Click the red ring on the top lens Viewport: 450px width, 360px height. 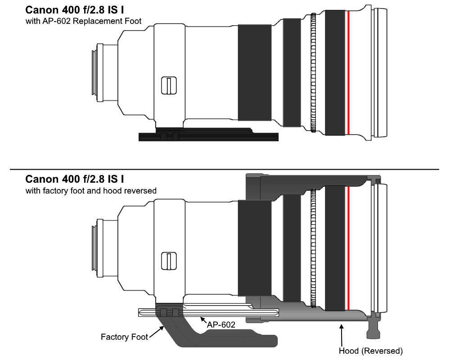[348, 73]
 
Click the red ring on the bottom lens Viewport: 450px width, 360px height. [348, 248]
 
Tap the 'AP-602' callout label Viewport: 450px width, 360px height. [221, 325]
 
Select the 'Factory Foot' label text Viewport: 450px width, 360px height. [124, 337]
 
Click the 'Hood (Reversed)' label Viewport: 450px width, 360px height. [371, 351]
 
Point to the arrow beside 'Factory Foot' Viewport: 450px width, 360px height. [157, 332]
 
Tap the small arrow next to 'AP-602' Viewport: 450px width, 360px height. [203, 320]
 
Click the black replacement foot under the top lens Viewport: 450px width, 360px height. [209, 135]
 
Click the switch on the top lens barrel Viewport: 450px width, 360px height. [169, 85]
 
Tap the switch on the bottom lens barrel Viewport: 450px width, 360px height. [169, 261]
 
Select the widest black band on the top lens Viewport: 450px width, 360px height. [255, 72]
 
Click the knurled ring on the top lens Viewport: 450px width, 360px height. [313, 73]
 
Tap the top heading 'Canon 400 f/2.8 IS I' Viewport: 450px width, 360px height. [75, 10]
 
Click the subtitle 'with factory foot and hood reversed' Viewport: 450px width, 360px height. [91, 191]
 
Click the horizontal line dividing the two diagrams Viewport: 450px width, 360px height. [225, 169]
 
